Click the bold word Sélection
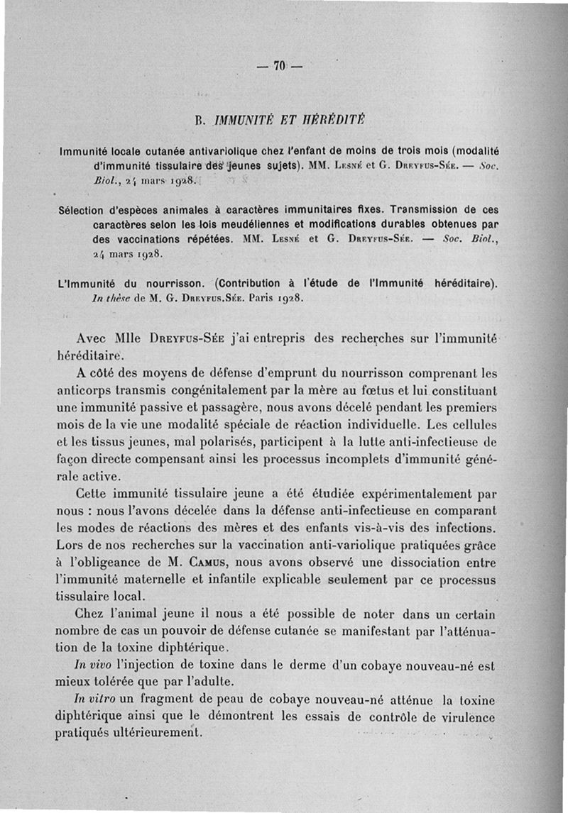point(82,210)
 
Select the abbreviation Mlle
point(128,338)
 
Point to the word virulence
point(466,717)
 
